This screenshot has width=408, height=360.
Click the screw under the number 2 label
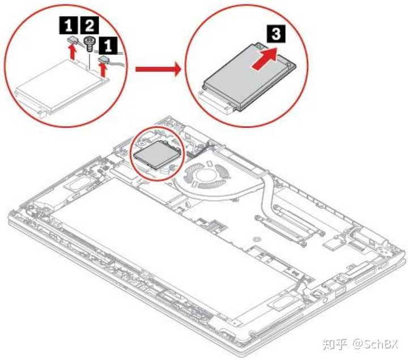88,41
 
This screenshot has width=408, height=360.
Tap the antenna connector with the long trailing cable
104,58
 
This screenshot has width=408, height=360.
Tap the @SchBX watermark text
375,343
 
